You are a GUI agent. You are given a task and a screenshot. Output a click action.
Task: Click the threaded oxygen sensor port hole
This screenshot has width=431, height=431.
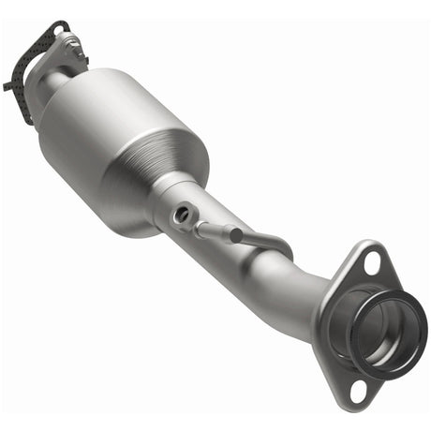coord(180,215)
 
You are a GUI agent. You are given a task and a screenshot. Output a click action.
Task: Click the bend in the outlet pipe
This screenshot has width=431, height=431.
coord(290,281)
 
